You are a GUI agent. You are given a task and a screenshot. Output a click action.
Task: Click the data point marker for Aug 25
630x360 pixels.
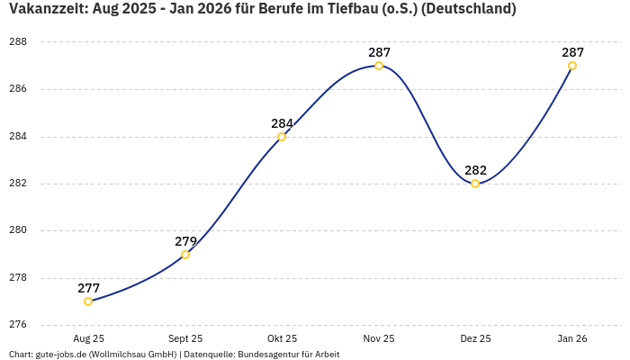(88, 301)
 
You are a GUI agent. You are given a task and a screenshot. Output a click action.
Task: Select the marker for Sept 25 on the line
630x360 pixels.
(185, 255)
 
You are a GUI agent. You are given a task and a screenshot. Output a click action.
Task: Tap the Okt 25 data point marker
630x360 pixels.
(282, 137)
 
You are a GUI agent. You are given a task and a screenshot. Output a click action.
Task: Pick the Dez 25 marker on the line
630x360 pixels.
(475, 184)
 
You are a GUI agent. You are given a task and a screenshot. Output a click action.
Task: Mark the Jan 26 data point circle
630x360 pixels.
(572, 66)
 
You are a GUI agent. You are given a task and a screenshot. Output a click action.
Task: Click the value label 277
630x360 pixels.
(88, 288)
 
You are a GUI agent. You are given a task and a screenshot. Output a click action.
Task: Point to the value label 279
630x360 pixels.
(185, 241)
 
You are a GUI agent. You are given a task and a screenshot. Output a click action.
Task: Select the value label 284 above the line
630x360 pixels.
(282, 123)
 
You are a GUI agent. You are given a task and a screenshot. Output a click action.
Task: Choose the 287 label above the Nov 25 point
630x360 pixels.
(379, 52)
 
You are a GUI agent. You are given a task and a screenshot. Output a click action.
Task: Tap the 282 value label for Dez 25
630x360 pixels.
(475, 170)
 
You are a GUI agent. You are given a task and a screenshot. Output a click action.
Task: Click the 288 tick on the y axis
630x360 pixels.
(18, 42)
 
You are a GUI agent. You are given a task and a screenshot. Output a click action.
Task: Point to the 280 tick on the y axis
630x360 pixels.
(18, 230)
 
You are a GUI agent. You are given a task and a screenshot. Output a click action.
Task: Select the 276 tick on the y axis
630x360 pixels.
(18, 325)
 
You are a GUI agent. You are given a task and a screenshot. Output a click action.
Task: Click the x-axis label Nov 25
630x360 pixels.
(379, 338)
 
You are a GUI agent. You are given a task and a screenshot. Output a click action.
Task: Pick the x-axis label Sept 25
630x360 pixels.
(185, 338)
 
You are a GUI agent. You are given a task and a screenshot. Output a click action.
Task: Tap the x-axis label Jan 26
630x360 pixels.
(572, 338)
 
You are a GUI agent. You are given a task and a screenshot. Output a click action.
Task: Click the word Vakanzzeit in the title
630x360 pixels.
(48, 9)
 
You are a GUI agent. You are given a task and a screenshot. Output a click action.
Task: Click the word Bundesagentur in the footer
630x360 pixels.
(266, 355)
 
